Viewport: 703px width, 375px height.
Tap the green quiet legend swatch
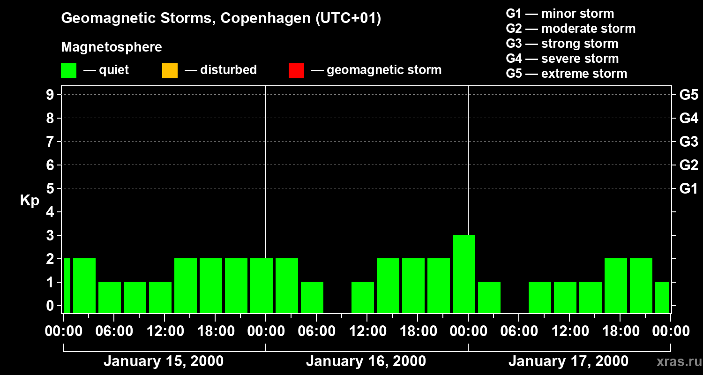(68, 71)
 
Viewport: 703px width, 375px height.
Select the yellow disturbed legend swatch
(170, 71)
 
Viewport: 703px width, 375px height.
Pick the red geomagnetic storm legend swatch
(296, 71)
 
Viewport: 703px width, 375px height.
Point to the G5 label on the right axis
(688, 95)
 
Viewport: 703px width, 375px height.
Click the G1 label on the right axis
(688, 189)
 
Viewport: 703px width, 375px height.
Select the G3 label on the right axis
(688, 142)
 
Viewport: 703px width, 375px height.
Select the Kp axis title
(30, 201)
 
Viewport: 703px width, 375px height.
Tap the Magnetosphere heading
(112, 47)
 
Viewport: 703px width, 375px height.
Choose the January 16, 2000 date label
(366, 361)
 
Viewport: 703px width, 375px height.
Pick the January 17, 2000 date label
(568, 361)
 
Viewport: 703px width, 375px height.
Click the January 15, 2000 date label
(164, 361)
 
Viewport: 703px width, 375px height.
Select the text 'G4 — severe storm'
(562, 59)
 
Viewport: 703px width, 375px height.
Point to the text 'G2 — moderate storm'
(571, 29)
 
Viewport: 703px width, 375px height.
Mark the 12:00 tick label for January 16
(367, 331)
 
